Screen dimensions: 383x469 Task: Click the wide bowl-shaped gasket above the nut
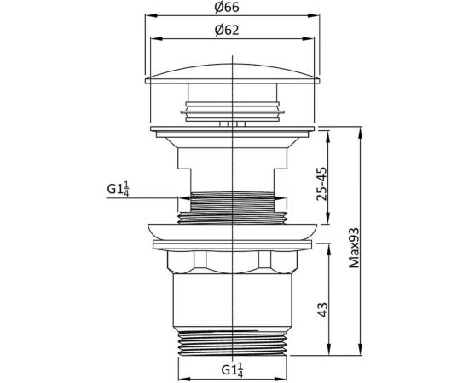coord(233,231)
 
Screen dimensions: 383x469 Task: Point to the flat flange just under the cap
coord(233,130)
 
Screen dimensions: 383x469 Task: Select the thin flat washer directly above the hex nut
coord(233,246)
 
